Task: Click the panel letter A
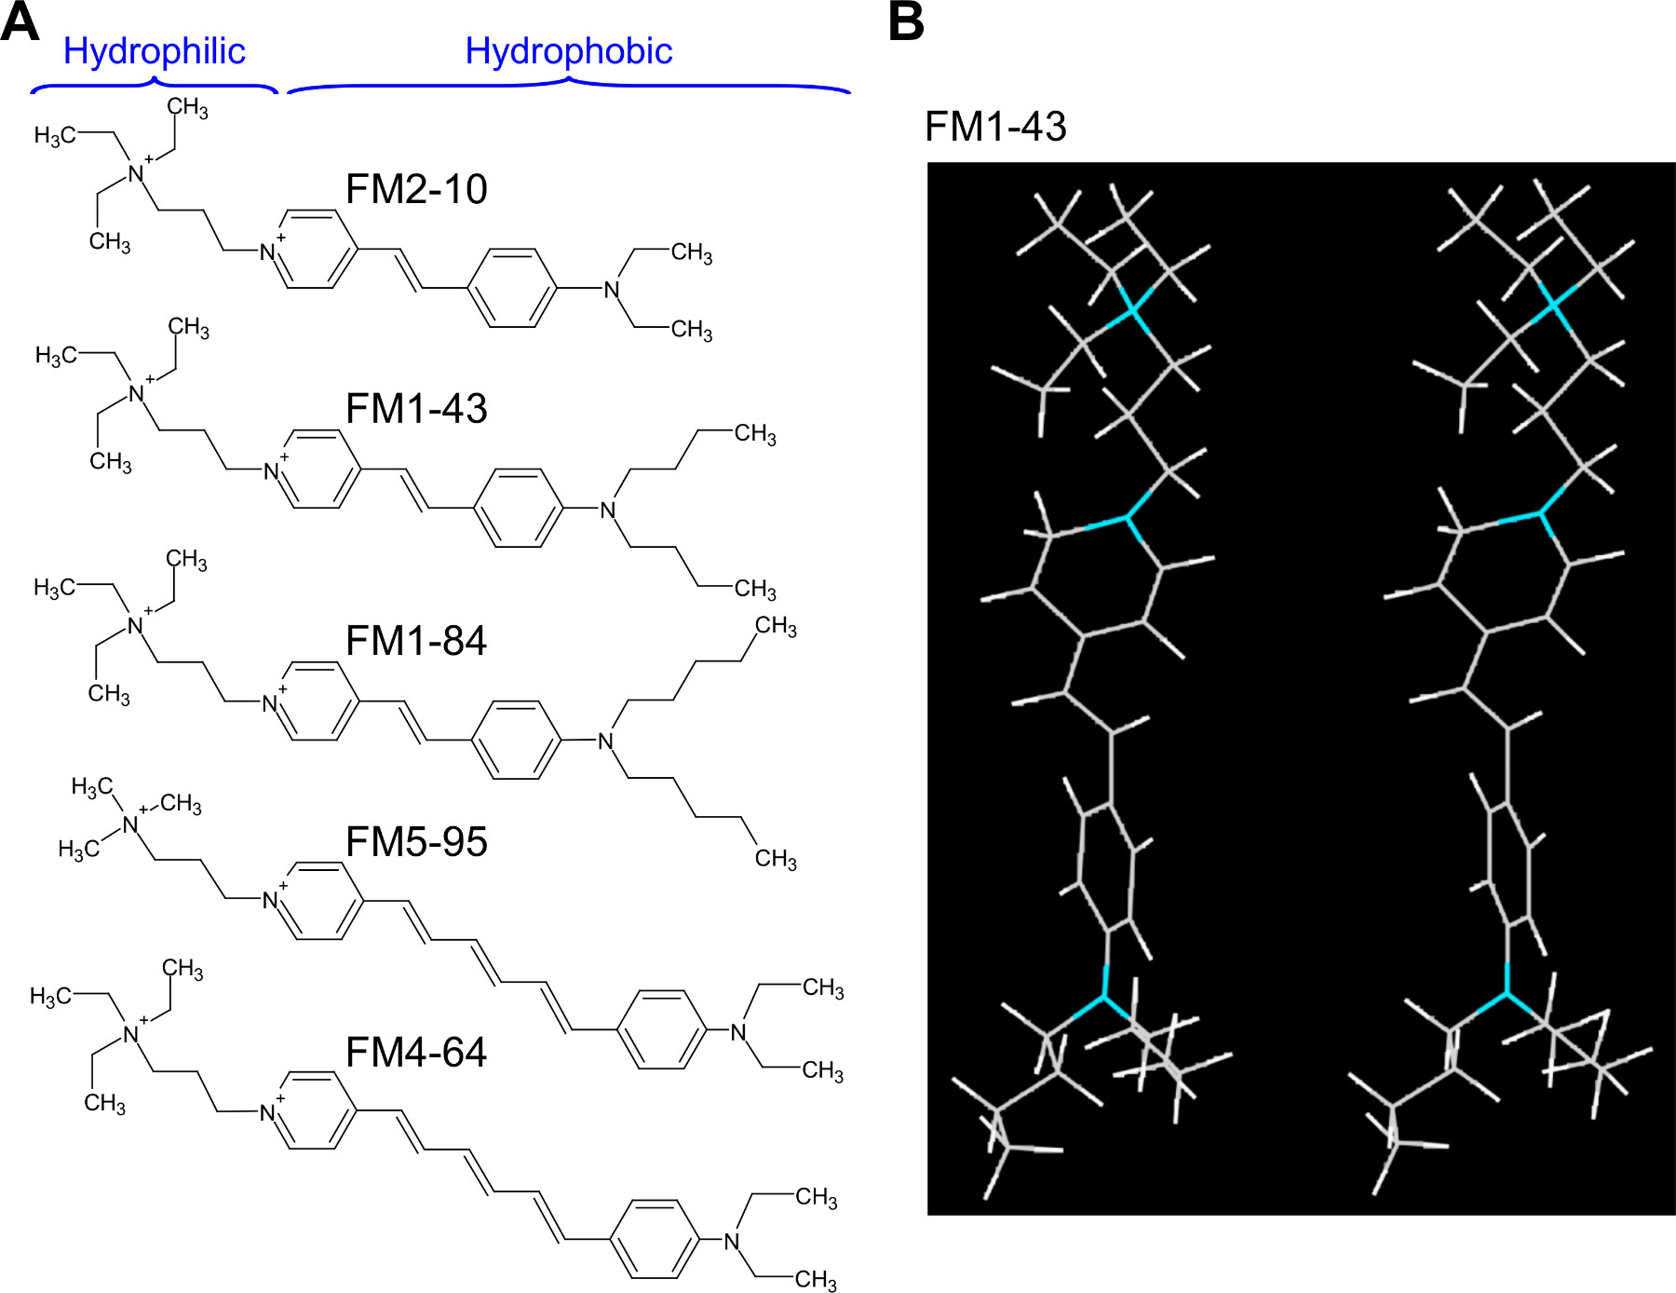point(20,22)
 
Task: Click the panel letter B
point(906,22)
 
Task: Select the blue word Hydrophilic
point(154,51)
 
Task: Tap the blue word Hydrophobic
point(568,51)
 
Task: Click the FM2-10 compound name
point(416,189)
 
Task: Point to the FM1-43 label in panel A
point(416,409)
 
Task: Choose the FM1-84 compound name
point(416,641)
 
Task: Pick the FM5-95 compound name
point(416,842)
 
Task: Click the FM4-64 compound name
point(416,1053)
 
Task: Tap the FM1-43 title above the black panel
point(995,127)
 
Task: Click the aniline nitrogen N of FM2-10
point(612,290)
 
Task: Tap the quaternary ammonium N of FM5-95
point(130,824)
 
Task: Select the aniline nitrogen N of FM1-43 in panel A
point(608,510)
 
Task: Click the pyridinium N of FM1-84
point(270,704)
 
